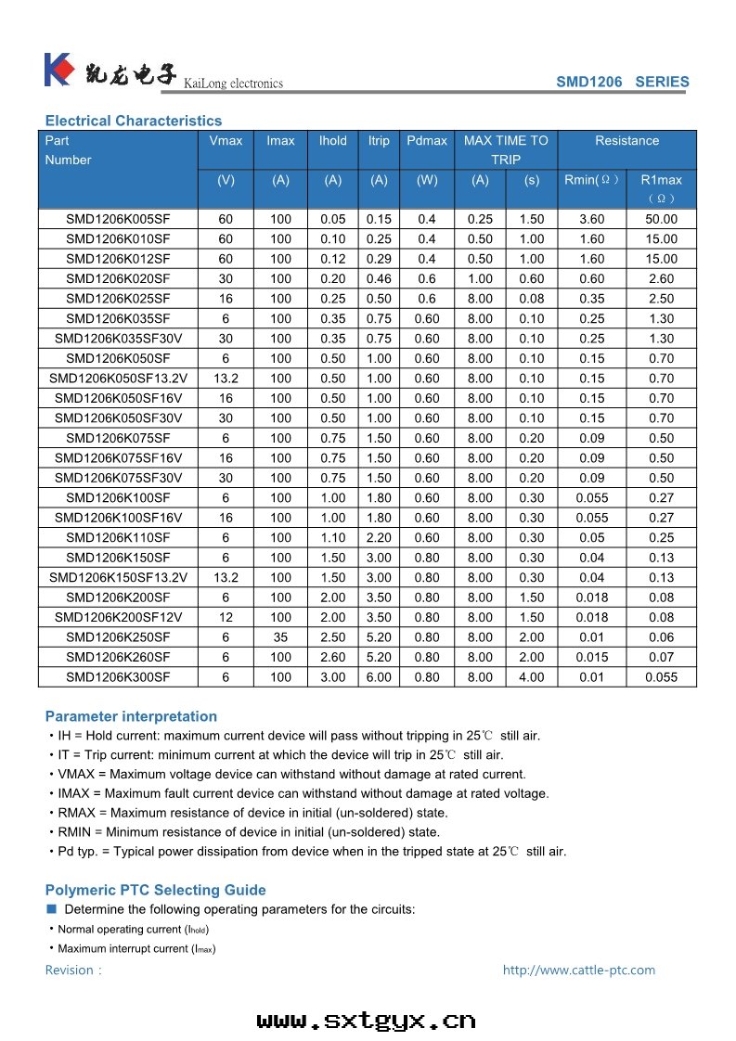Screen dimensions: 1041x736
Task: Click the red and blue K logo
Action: click(58, 69)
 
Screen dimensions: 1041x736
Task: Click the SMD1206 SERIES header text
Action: click(622, 82)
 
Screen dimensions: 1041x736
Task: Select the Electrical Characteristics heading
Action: click(134, 121)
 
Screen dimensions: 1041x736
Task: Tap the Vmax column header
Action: click(226, 141)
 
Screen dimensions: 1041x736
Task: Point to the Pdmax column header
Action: click(427, 141)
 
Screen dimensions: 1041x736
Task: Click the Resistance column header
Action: click(626, 141)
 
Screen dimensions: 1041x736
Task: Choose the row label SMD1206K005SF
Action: click(118, 219)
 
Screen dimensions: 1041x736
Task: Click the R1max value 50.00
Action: click(661, 219)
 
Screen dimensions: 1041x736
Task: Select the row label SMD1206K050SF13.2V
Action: click(118, 379)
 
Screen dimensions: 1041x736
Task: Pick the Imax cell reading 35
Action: click(280, 637)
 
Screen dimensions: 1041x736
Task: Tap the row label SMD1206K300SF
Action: click(118, 677)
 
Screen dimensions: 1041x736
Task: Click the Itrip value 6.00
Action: click(379, 677)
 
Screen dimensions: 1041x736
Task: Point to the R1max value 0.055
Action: click(661, 677)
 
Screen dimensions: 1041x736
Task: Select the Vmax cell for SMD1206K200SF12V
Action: click(226, 617)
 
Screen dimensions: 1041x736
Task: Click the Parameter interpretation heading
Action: click(131, 716)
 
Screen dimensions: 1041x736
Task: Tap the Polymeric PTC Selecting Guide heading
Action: click(155, 890)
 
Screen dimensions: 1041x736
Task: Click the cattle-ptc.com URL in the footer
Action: click(578, 970)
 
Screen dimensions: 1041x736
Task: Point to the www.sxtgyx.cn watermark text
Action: click(366, 1021)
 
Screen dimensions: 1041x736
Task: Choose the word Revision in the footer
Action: click(70, 970)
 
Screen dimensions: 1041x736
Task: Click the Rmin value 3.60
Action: click(591, 219)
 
